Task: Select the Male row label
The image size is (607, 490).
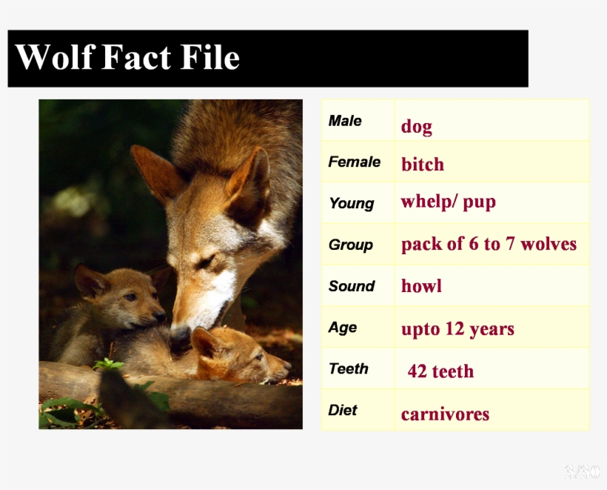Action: (x=345, y=121)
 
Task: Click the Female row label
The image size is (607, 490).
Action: (x=355, y=162)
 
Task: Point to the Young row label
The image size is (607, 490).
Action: (x=351, y=204)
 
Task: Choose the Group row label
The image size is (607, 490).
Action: (x=351, y=245)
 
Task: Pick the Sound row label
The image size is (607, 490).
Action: (x=352, y=286)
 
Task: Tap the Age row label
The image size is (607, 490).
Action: (x=343, y=328)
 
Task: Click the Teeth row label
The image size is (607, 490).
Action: (x=349, y=368)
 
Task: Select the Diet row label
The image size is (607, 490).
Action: (x=343, y=410)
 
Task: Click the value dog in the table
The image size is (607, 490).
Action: (x=416, y=127)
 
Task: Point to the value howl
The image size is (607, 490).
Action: (x=421, y=286)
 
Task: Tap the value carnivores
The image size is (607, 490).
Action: (x=445, y=414)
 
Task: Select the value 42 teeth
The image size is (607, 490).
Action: (x=440, y=371)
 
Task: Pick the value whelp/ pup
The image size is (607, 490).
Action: (x=448, y=202)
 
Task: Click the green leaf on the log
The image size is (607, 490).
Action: (x=107, y=365)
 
